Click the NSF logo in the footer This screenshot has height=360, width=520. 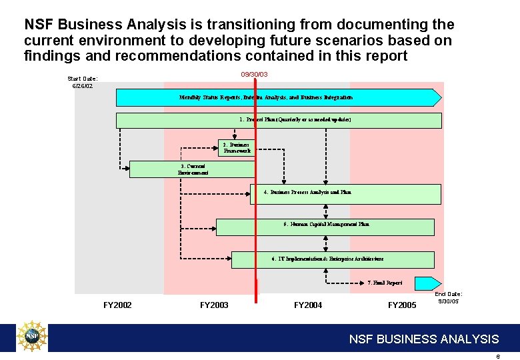(x=33, y=337)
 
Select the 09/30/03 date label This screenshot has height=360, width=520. (x=254, y=74)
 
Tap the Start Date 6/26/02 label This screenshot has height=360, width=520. (x=83, y=82)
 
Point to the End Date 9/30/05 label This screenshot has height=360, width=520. (x=448, y=297)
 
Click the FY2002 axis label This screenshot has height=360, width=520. (x=117, y=305)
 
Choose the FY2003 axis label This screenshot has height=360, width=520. (x=214, y=305)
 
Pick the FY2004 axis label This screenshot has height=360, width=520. (x=308, y=305)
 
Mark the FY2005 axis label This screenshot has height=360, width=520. (x=402, y=305)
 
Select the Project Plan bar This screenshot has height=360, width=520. (x=279, y=120)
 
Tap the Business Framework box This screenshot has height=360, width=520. (x=236, y=147)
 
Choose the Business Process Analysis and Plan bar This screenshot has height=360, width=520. (x=345, y=194)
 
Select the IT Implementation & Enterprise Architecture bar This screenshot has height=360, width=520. (x=332, y=259)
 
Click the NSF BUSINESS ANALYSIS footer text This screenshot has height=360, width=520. (x=424, y=339)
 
